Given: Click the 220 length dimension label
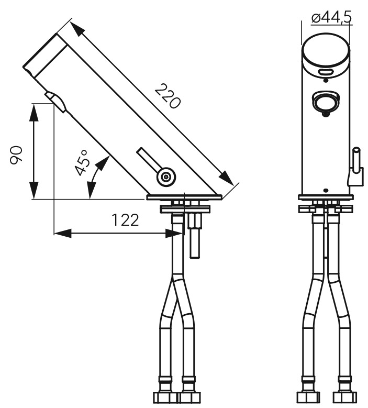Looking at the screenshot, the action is pyautogui.click(x=167, y=96).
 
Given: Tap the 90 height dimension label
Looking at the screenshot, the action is pyautogui.click(x=16, y=156).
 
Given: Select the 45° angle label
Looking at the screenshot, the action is pyautogui.click(x=82, y=163).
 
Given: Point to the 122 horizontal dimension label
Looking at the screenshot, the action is pyautogui.click(x=125, y=220).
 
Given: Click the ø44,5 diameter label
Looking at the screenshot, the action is pyautogui.click(x=331, y=18).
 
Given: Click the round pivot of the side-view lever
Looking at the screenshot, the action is pyautogui.click(x=166, y=177).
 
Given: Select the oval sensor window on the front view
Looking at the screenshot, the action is pyautogui.click(x=326, y=72).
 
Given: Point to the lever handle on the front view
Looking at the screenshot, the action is pyautogui.click(x=355, y=167).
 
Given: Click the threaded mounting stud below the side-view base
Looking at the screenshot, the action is pyautogui.click(x=194, y=235).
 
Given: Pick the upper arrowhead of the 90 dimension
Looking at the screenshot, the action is pyautogui.click(x=35, y=113).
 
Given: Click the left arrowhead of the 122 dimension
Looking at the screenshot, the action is pyautogui.click(x=63, y=233).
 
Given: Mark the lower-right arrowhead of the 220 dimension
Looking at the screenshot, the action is pyautogui.click(x=226, y=178).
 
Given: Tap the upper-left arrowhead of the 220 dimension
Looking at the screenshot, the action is pyautogui.click(x=77, y=29).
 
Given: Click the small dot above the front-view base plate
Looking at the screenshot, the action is pyautogui.click(x=326, y=190).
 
